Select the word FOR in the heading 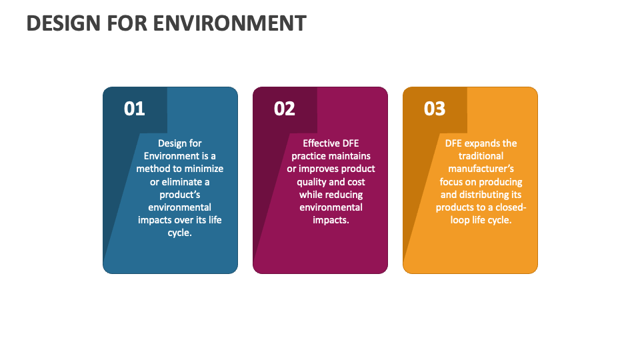tap(130, 23)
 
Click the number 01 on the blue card tap(134, 109)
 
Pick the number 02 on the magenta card tap(284, 109)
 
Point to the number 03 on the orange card tap(434, 109)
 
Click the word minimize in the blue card tap(203, 169)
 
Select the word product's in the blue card tap(180, 195)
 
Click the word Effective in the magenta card tap(321, 143)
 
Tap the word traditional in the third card tap(481, 156)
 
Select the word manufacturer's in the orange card tap(481, 169)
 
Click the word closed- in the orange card tap(510, 207)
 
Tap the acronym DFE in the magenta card tap(351, 143)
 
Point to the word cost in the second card tap(356, 182)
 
